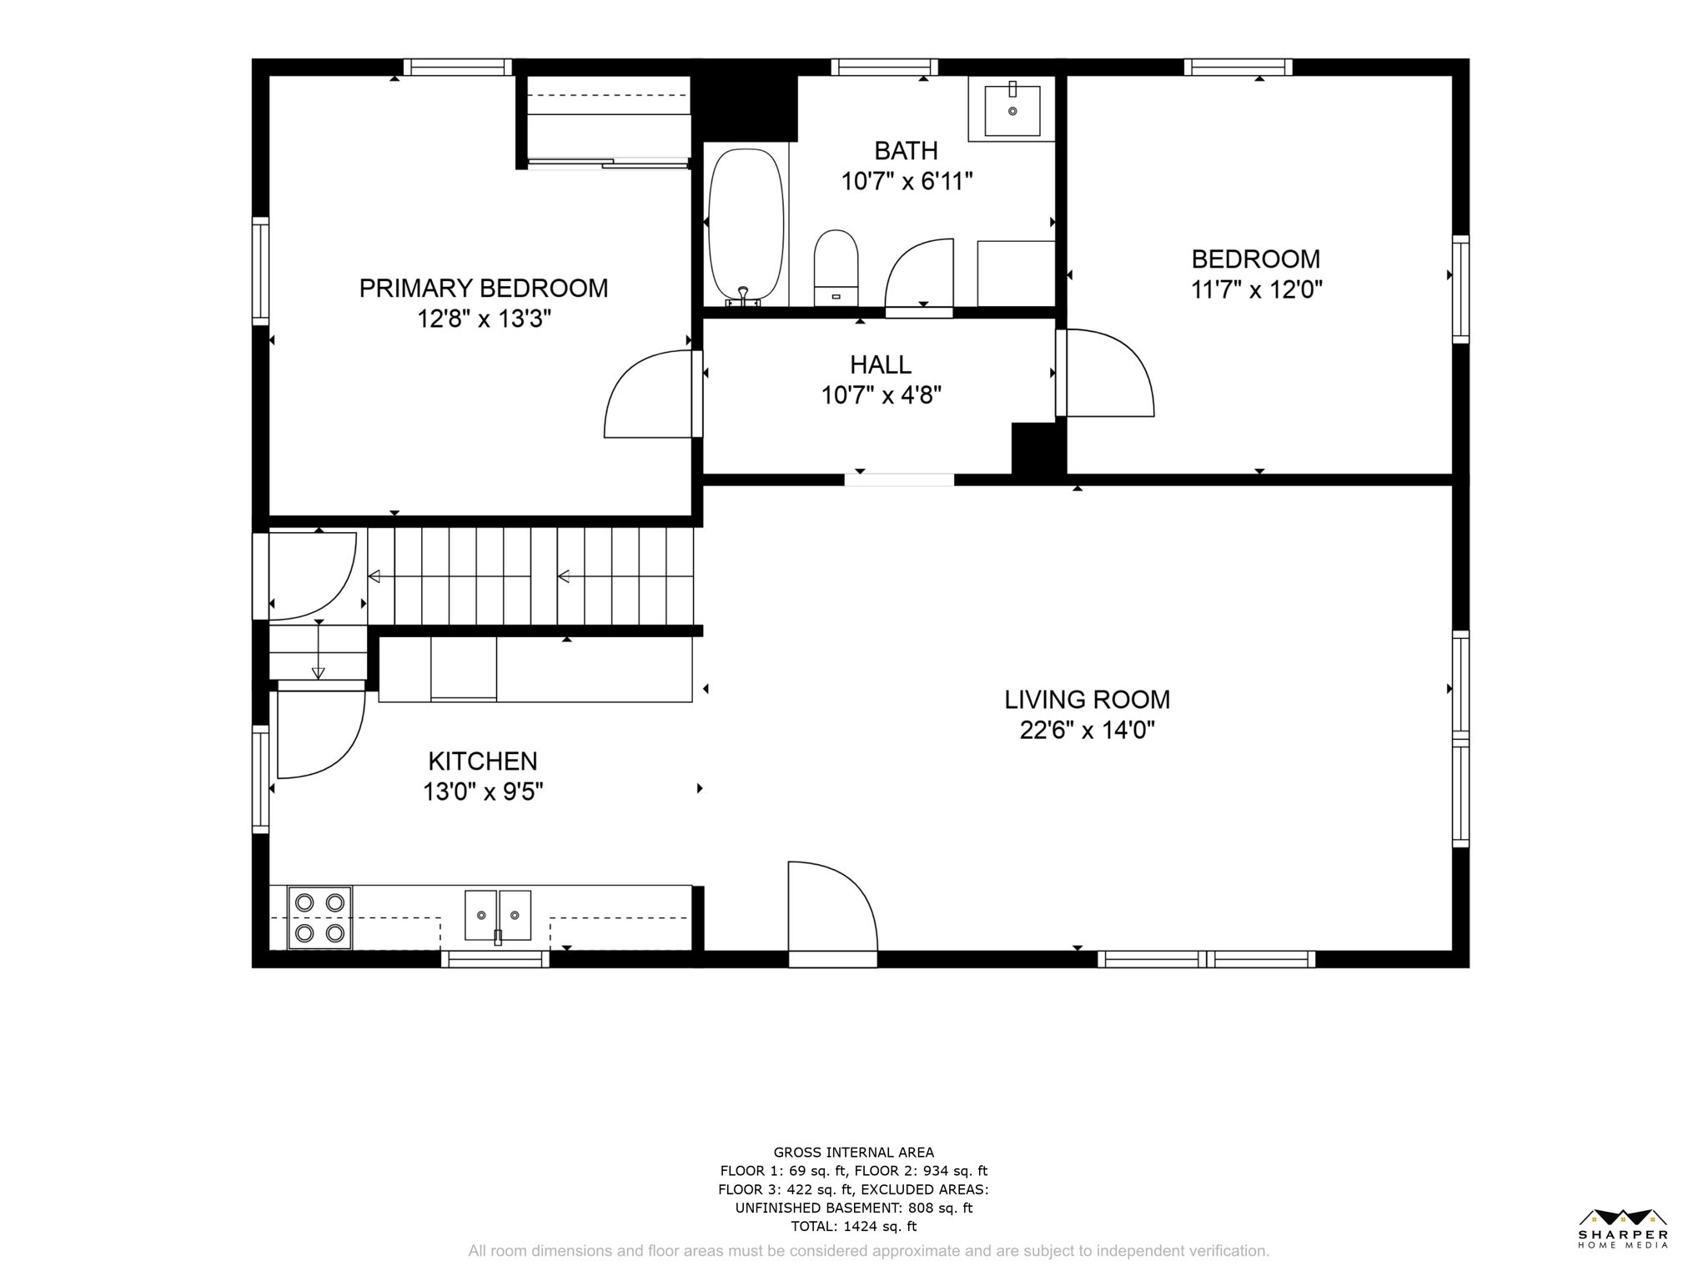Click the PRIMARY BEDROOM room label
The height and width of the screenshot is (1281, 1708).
coord(483,289)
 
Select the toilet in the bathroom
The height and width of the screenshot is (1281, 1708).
coord(836,267)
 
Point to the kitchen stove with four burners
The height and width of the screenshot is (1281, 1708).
coord(319,917)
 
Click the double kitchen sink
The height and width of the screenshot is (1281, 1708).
coord(498,915)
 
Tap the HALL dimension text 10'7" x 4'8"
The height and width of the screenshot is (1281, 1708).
coord(882,395)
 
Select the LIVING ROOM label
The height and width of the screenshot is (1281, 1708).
coord(1087,700)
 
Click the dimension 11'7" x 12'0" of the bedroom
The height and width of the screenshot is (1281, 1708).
coord(1256,290)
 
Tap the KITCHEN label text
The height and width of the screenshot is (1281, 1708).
coord(482,761)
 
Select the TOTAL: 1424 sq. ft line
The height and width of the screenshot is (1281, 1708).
coord(853,1226)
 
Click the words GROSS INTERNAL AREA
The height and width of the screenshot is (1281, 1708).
coord(853,1153)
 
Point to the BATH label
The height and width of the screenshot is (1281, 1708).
coord(906,151)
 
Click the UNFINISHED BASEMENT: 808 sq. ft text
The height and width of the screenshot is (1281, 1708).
coord(853,1208)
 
